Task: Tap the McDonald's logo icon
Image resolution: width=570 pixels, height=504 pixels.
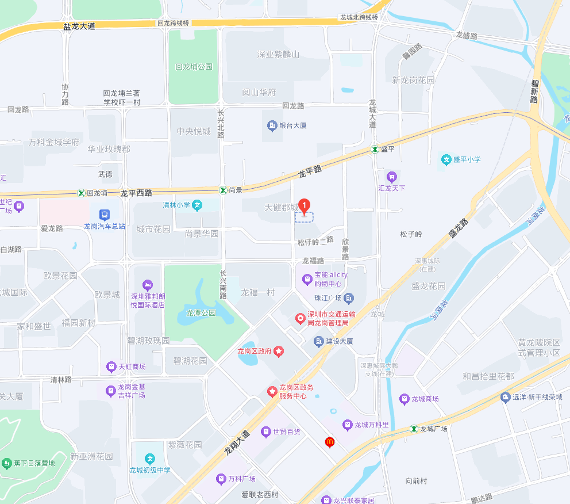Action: pos(329,442)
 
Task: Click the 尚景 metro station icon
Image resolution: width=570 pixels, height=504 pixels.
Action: pos(222,189)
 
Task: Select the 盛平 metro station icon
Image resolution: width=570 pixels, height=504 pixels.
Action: pos(375,148)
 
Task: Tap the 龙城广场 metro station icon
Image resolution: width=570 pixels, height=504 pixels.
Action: pos(413,429)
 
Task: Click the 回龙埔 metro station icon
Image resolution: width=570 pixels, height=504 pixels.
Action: pos(81,193)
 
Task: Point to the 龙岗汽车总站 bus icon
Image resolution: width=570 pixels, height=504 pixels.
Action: pos(104,215)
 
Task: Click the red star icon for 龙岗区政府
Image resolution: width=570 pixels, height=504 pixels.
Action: pos(279,351)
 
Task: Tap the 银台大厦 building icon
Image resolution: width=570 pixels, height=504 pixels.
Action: pos(272,125)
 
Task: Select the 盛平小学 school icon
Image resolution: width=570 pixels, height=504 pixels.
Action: pos(446,159)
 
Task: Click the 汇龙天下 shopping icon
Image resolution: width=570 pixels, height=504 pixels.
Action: pos(392,177)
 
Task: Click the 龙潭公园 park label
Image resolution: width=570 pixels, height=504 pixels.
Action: pos(201,313)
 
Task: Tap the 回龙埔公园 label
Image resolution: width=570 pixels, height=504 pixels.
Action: pos(194,67)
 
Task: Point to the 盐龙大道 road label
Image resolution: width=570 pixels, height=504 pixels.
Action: pos(79,26)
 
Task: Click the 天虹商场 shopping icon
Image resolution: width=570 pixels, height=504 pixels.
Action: pos(111,366)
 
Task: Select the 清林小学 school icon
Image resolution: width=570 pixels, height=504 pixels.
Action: pos(197,205)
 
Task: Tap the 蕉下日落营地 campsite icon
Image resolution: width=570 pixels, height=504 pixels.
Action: pos(7,463)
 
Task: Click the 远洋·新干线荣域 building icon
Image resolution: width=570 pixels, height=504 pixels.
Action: pos(505,397)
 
